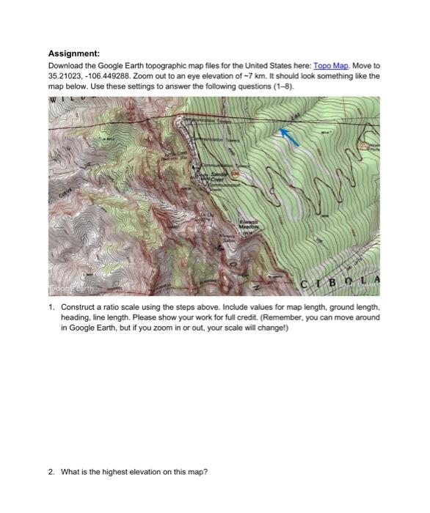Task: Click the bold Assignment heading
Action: pyautogui.click(x=73, y=53)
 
